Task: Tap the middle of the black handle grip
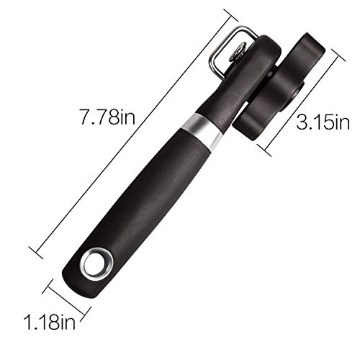[x=151, y=194]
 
